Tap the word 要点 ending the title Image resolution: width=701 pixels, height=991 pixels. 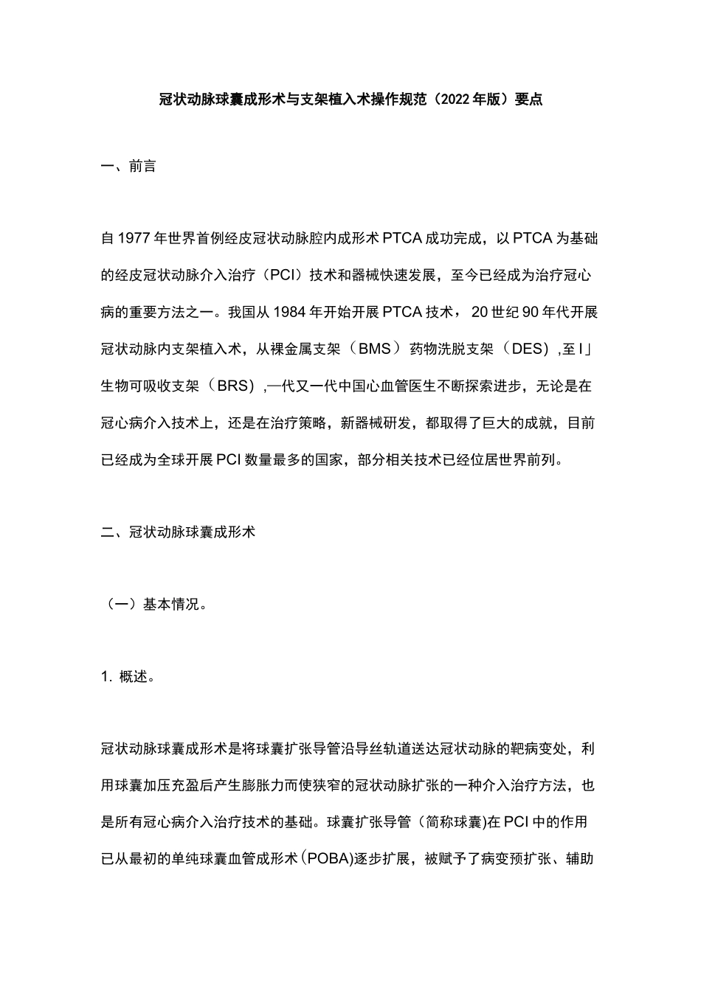[528, 99]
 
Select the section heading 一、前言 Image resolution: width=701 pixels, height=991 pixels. [128, 167]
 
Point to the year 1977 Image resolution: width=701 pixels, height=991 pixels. [134, 239]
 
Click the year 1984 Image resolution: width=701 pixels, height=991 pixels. [289, 312]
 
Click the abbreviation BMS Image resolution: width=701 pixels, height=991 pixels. [374, 349]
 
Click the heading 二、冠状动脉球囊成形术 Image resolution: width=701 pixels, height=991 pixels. [178, 531]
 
